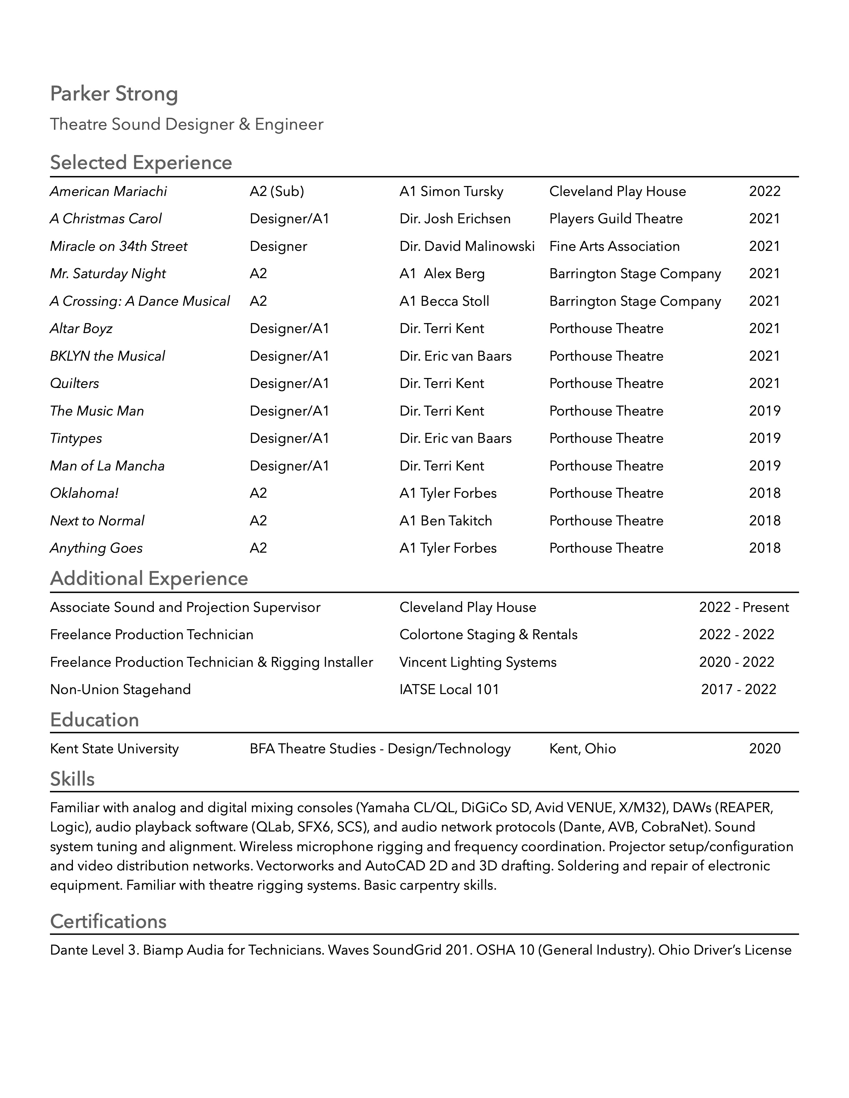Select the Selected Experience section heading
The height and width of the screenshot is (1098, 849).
pyautogui.click(x=141, y=163)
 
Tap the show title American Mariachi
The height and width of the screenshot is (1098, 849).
pyautogui.click(x=108, y=192)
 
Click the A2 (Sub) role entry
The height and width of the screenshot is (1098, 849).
pyautogui.click(x=277, y=192)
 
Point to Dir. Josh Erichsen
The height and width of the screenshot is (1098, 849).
pyautogui.click(x=455, y=219)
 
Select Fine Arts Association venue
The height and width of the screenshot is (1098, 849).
pyautogui.click(x=614, y=246)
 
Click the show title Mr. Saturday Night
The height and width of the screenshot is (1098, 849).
pyautogui.click(x=108, y=274)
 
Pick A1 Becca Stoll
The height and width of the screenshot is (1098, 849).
pyautogui.click(x=444, y=301)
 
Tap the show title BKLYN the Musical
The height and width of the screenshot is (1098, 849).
pyautogui.click(x=107, y=356)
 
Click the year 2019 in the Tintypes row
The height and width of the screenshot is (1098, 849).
pyautogui.click(x=764, y=439)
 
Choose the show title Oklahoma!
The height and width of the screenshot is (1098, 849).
pyautogui.click(x=84, y=493)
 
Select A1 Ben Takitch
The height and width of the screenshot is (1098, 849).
pyautogui.click(x=445, y=521)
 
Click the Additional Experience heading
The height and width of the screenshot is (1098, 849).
pyautogui.click(x=149, y=579)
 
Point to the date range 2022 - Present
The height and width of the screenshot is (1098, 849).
pyautogui.click(x=743, y=607)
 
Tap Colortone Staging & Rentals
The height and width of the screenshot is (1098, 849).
pyautogui.click(x=488, y=635)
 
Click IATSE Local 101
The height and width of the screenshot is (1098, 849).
pyautogui.click(x=449, y=689)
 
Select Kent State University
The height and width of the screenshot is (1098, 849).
pyautogui.click(x=114, y=749)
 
